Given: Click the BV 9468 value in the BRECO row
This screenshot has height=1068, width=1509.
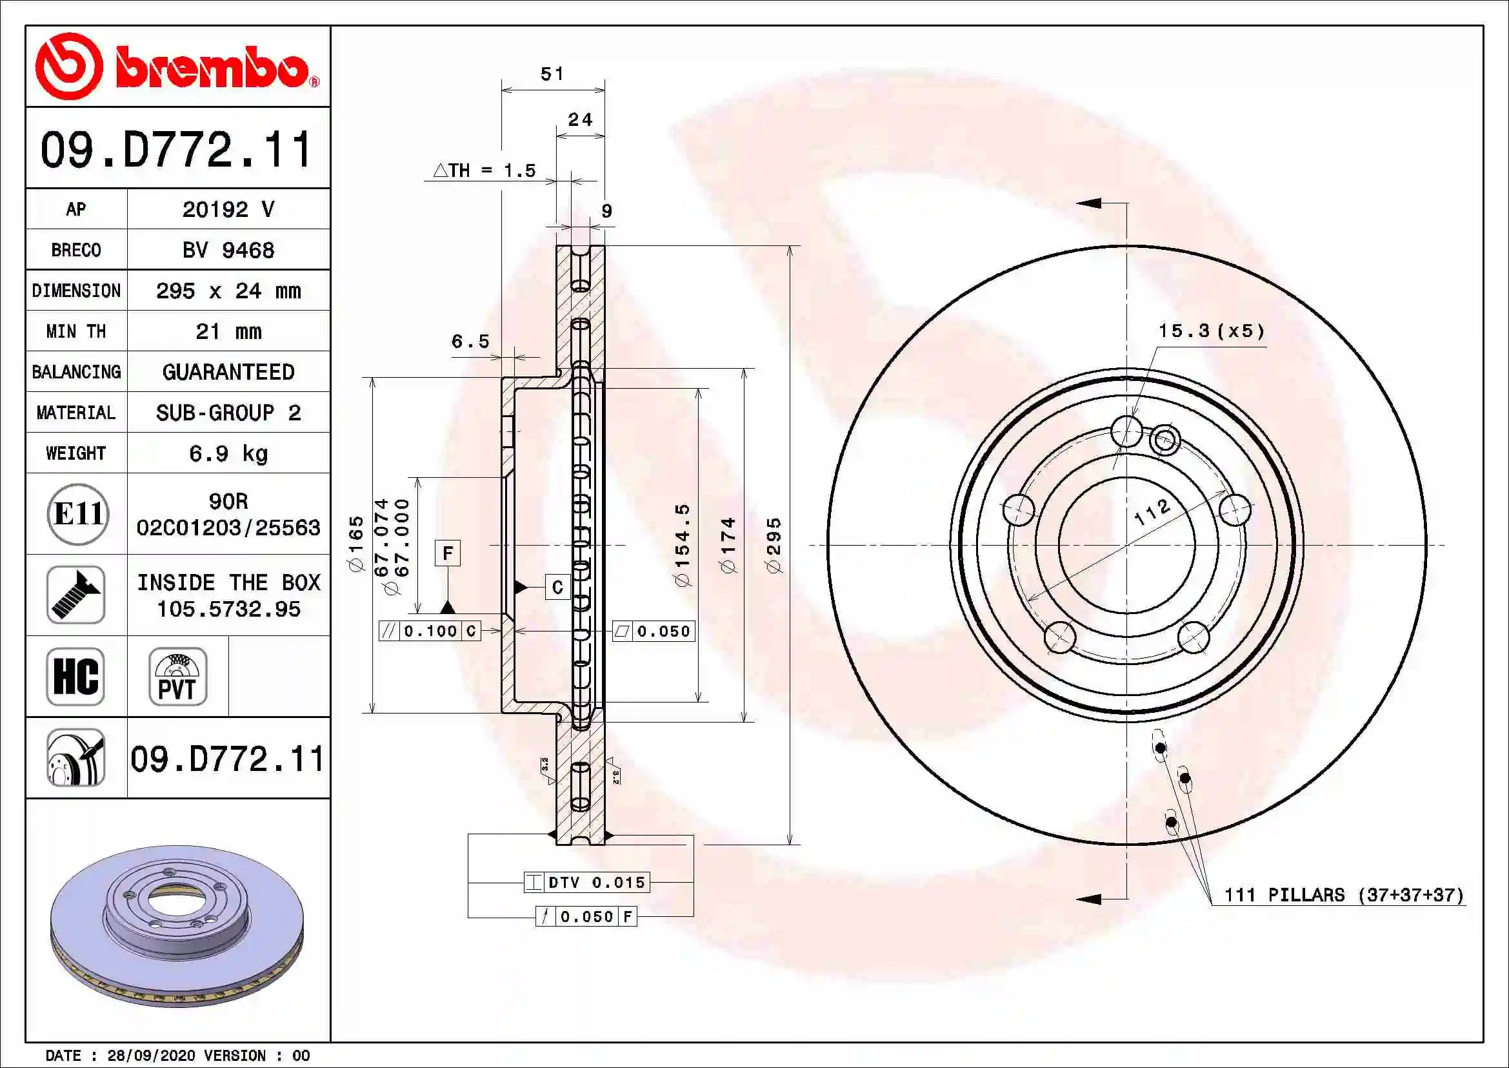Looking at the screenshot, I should (228, 250).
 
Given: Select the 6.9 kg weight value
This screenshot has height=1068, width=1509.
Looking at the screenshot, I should (228, 453).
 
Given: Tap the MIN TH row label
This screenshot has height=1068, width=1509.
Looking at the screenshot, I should (76, 331).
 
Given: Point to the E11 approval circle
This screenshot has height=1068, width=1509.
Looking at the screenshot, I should (77, 513).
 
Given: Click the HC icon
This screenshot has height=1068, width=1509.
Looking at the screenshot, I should (75, 676).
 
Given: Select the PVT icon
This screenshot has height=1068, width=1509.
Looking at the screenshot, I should (177, 676).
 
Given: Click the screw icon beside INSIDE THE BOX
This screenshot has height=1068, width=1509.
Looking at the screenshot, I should (75, 595).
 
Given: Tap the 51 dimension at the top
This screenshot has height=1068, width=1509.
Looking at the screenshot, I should (552, 74).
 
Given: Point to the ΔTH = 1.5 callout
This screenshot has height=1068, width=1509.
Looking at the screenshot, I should (485, 171).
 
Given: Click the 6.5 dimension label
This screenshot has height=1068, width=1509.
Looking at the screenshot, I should (470, 342).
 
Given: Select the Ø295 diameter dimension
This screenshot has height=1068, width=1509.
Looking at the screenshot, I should (774, 544).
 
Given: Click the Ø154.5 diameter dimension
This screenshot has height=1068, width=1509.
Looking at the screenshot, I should (682, 544).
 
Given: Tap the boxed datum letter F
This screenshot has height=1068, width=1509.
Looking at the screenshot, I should (448, 553).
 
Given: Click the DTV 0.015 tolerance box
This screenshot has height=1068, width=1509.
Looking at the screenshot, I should (587, 882).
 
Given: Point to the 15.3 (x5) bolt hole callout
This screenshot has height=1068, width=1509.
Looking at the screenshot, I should (1212, 331).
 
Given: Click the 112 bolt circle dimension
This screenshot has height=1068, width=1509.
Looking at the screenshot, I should (1152, 511).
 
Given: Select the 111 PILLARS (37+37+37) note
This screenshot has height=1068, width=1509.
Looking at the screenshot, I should (1343, 894).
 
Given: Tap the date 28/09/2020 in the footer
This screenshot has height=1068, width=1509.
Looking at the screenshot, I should (151, 1056).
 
